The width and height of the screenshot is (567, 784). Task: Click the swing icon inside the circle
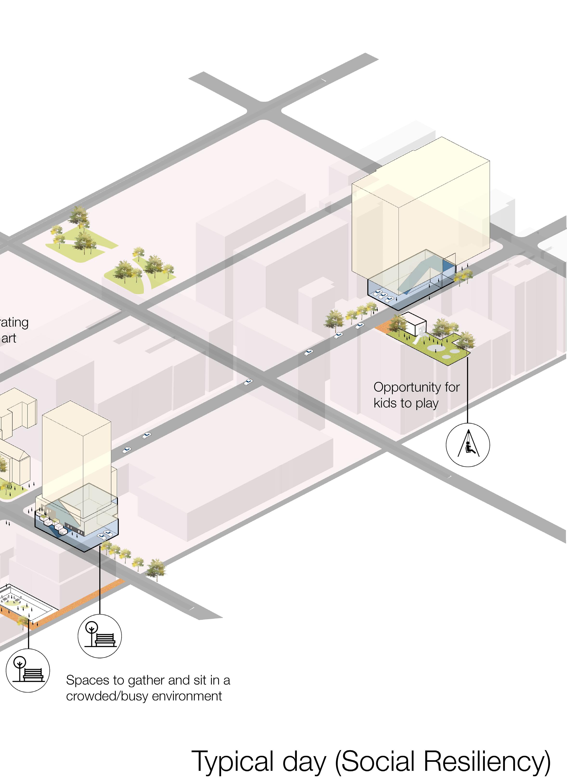[468, 445]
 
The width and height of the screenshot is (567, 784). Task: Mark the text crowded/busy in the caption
[107, 696]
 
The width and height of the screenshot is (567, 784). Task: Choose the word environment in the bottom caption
[187, 696]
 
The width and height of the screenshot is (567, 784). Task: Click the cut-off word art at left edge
[9, 338]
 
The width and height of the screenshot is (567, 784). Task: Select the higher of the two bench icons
[100, 636]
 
